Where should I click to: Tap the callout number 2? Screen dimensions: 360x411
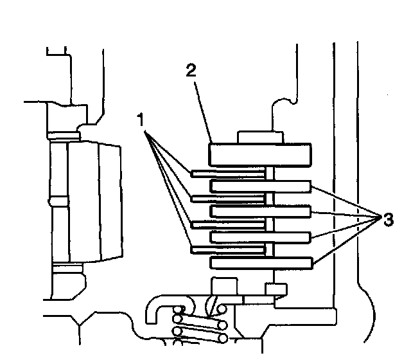(191, 71)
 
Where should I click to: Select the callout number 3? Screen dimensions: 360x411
(387, 219)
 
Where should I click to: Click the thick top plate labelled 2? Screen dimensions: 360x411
(260, 155)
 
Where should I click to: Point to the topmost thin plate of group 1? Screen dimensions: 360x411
(228, 173)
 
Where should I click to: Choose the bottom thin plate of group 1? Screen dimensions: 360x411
(228, 249)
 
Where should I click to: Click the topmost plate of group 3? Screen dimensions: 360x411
(260, 186)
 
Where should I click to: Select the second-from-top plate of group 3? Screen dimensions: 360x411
(260, 211)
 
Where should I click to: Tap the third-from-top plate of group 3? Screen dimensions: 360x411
(260, 237)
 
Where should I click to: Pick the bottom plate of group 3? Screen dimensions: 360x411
(260, 262)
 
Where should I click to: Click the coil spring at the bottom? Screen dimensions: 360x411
(199, 325)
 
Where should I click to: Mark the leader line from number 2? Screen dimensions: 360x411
(202, 109)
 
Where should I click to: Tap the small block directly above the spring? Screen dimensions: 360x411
(222, 287)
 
